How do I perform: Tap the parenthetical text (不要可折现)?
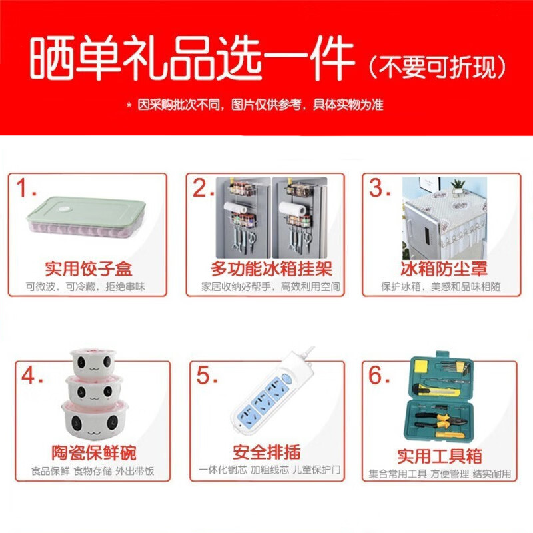[438, 67]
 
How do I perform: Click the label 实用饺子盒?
[89, 269]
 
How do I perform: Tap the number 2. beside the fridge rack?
[204, 189]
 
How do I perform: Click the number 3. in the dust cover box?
[380, 189]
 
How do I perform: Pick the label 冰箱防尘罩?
[444, 269]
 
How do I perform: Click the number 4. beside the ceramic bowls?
[34, 376]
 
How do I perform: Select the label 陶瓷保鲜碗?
[93, 454]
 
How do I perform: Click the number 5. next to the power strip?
[207, 376]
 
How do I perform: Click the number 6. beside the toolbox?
[380, 376]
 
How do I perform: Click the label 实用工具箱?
[440, 456]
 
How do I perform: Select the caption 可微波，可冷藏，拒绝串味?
[85, 287]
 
